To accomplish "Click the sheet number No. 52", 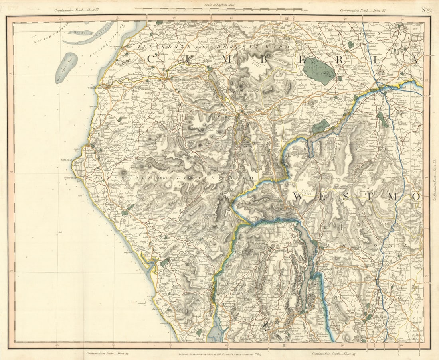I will pyautogui.click(x=426, y=10).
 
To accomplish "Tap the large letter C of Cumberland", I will pyautogui.click(x=152, y=59).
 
